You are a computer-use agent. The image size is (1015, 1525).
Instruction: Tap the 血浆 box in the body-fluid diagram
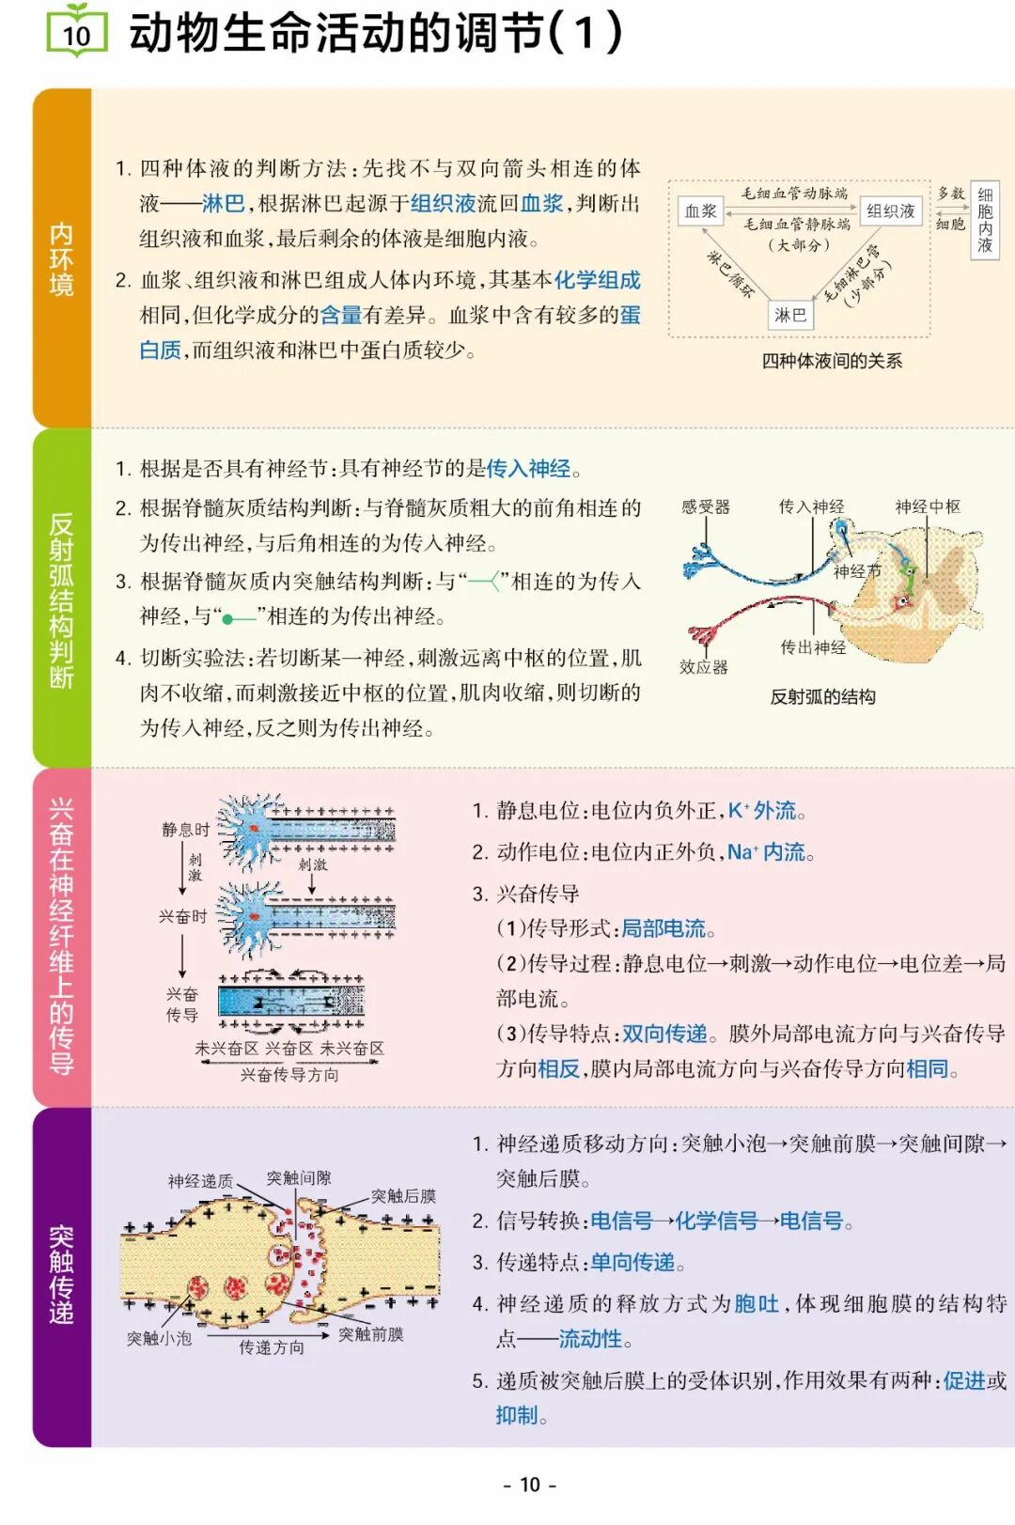click(x=700, y=211)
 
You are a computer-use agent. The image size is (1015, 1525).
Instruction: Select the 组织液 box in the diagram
click(x=890, y=211)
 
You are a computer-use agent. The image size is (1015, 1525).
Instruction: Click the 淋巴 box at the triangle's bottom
click(x=789, y=315)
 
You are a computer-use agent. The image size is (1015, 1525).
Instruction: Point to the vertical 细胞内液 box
click(x=984, y=220)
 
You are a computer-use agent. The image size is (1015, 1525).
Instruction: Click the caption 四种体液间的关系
click(x=832, y=361)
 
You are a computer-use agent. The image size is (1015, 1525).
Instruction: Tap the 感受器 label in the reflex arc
click(x=705, y=507)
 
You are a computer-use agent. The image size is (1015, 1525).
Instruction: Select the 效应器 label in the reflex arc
click(x=703, y=667)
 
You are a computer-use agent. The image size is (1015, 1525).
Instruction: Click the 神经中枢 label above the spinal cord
click(x=928, y=507)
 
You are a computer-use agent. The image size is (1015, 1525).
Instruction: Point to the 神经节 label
click(x=857, y=571)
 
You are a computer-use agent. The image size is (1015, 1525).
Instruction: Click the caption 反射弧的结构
click(x=822, y=696)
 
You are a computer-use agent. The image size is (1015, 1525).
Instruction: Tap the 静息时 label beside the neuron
click(x=185, y=830)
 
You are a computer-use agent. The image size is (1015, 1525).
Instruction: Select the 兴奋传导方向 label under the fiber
click(x=289, y=1074)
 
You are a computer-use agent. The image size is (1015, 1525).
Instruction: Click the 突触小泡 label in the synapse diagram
click(x=159, y=1338)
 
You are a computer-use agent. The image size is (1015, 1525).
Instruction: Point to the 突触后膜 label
click(x=403, y=1196)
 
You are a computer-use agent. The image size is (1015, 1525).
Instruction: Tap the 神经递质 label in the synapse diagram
click(x=200, y=1181)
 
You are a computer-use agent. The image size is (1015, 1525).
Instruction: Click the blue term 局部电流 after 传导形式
click(x=664, y=928)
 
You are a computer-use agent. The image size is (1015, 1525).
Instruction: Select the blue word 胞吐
click(x=757, y=1303)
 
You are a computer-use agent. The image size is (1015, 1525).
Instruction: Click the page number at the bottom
click(x=530, y=1485)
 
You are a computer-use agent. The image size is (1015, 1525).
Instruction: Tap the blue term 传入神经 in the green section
click(x=528, y=468)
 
